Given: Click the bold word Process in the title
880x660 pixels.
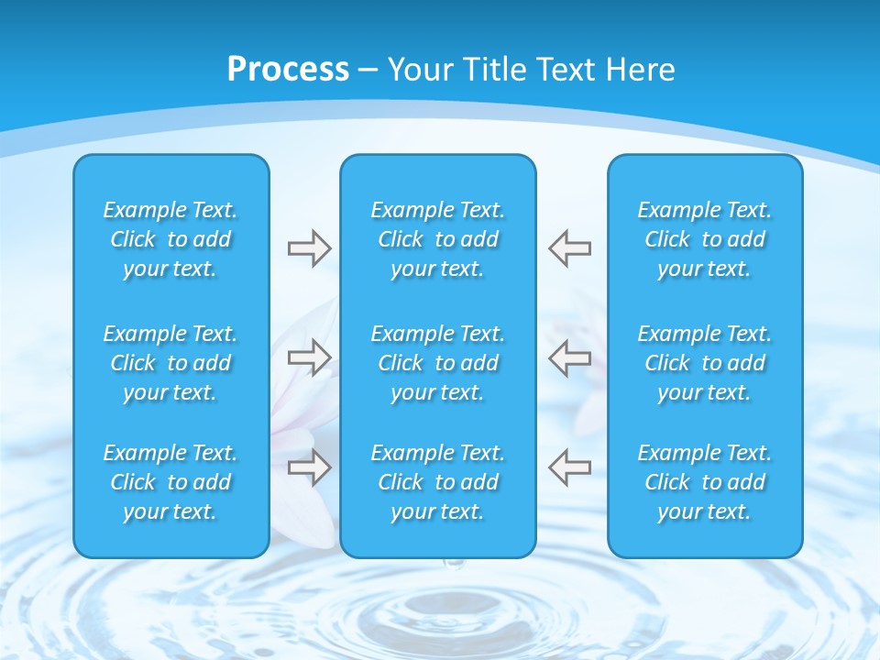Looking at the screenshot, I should (x=288, y=70).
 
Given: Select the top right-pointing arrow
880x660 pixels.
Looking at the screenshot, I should (x=309, y=248).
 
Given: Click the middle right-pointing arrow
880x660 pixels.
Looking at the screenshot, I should (x=309, y=357).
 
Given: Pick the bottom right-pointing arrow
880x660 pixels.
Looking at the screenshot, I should (x=309, y=467).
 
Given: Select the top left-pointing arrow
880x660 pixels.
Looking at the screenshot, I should (x=569, y=248).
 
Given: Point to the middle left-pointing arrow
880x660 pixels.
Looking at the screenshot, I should (x=569, y=357).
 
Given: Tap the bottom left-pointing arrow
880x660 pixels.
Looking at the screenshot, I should (x=569, y=467).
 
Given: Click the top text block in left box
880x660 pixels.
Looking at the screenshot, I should (x=170, y=239).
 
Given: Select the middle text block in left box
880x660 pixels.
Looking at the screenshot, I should (x=170, y=363).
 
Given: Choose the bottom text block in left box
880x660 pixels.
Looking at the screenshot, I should (x=170, y=482).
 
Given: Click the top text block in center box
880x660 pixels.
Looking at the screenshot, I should (x=438, y=239).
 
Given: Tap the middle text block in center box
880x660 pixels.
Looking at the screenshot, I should (x=438, y=363).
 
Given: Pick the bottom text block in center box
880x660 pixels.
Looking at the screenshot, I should (x=438, y=482).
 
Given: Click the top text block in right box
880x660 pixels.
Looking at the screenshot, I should (x=705, y=239).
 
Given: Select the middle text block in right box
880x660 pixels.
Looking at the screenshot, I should (x=705, y=363).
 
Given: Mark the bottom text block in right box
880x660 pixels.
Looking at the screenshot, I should (x=705, y=482).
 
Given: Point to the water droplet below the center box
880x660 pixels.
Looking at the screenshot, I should (x=448, y=566).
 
